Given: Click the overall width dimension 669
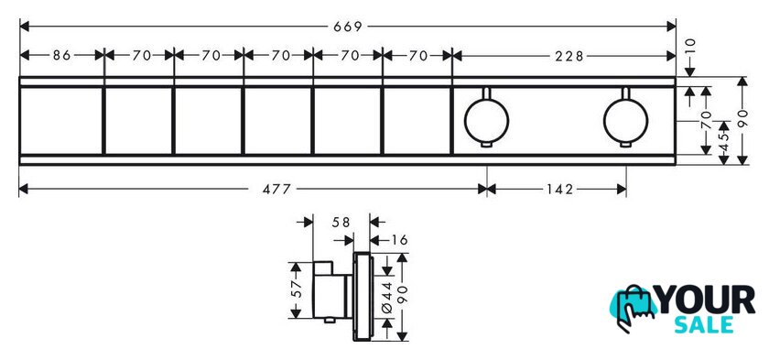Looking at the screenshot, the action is point(347,27).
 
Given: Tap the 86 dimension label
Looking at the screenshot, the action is point(62,55).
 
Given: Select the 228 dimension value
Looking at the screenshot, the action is point(569,56).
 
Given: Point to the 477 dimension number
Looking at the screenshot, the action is point(276,189).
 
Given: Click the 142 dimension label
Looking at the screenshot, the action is point(559,189).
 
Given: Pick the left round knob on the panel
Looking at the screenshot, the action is point(486,121).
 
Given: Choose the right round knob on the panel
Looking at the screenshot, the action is point(626,121).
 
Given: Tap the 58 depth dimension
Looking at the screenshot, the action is point(341,223).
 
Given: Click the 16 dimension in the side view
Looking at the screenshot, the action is point(400,240).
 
